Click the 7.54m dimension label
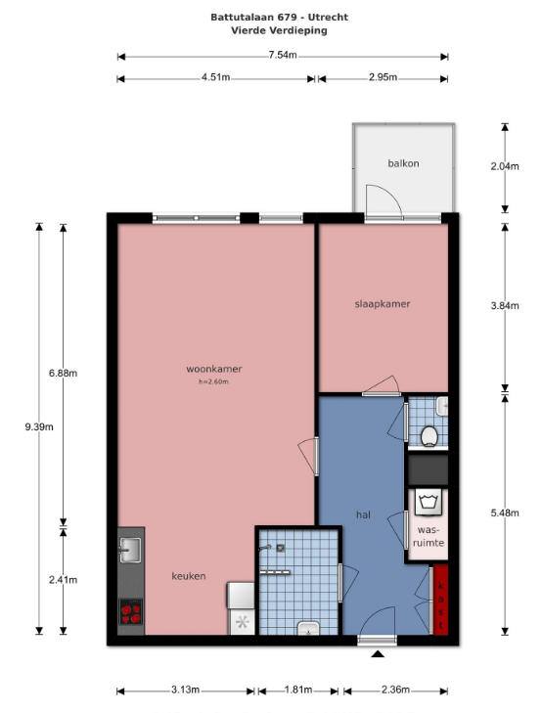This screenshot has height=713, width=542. point(283,55)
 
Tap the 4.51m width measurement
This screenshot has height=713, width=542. point(215,77)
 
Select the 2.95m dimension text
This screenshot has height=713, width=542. point(383,77)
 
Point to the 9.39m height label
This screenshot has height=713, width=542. point(39,427)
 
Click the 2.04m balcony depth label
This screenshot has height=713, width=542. point(505,166)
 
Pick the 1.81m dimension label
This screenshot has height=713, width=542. point(298,690)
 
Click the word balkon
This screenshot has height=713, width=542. point(403,163)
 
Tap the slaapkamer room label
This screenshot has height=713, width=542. point(383,304)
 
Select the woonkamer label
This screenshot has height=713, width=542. point(213,369)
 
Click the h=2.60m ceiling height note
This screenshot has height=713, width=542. point(213,382)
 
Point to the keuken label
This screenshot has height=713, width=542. point(189,576)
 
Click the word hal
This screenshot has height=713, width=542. point(363,514)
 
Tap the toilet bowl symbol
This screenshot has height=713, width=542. point(429,436)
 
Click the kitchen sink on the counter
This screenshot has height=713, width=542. point(130,550)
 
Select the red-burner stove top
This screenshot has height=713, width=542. point(130,611)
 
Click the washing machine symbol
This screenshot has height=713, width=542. point(429,502)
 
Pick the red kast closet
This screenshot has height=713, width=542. point(440,600)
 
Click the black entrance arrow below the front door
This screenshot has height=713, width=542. point(378,654)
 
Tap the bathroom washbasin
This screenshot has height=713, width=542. point(309,629)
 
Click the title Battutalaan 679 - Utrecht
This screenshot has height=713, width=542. point(279,18)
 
